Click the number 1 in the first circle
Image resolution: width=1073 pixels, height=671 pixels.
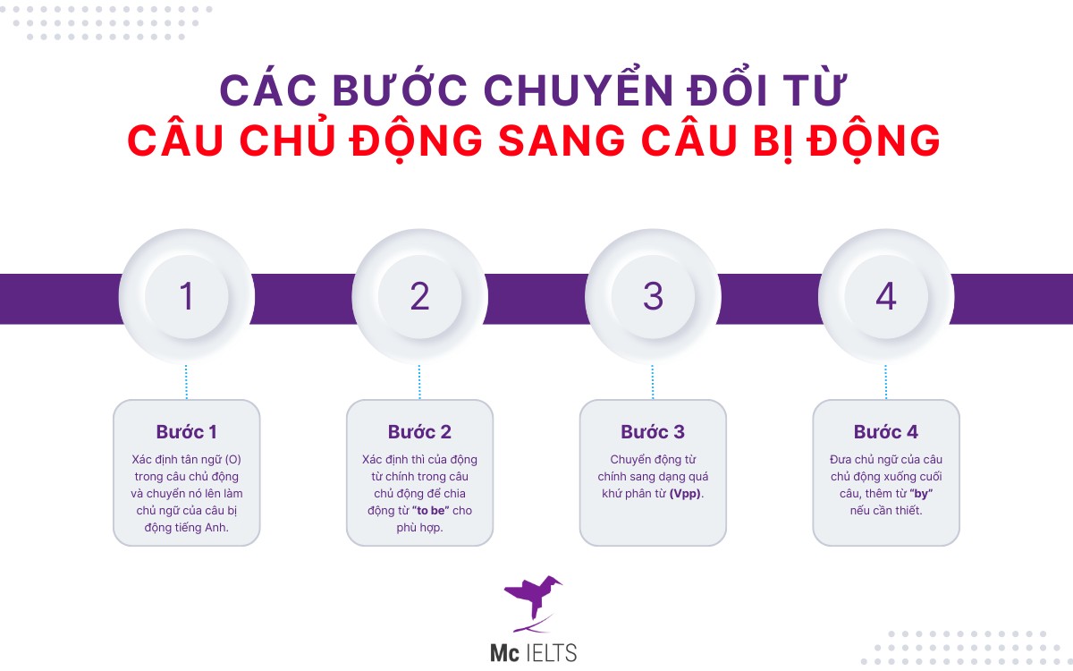[x=186, y=296]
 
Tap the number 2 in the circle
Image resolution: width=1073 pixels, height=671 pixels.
[x=419, y=296]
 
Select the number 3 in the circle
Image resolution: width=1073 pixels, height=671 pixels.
[x=653, y=296]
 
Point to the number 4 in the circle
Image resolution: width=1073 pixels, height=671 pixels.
[x=885, y=296]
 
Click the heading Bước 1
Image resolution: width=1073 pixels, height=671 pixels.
[x=186, y=432]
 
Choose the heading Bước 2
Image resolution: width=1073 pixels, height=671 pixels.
[x=419, y=432]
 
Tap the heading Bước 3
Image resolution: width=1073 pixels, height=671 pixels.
[x=653, y=432]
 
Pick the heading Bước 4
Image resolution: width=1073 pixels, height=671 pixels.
[x=885, y=432]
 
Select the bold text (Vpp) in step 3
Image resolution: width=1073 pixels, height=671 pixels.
[x=686, y=494]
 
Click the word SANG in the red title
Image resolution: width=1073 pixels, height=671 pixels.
[x=595, y=141]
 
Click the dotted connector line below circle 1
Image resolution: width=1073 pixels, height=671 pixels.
[x=186, y=381]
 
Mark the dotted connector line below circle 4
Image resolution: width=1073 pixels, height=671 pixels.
[x=885, y=381]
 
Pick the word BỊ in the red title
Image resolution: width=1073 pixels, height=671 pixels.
[x=817, y=141]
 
